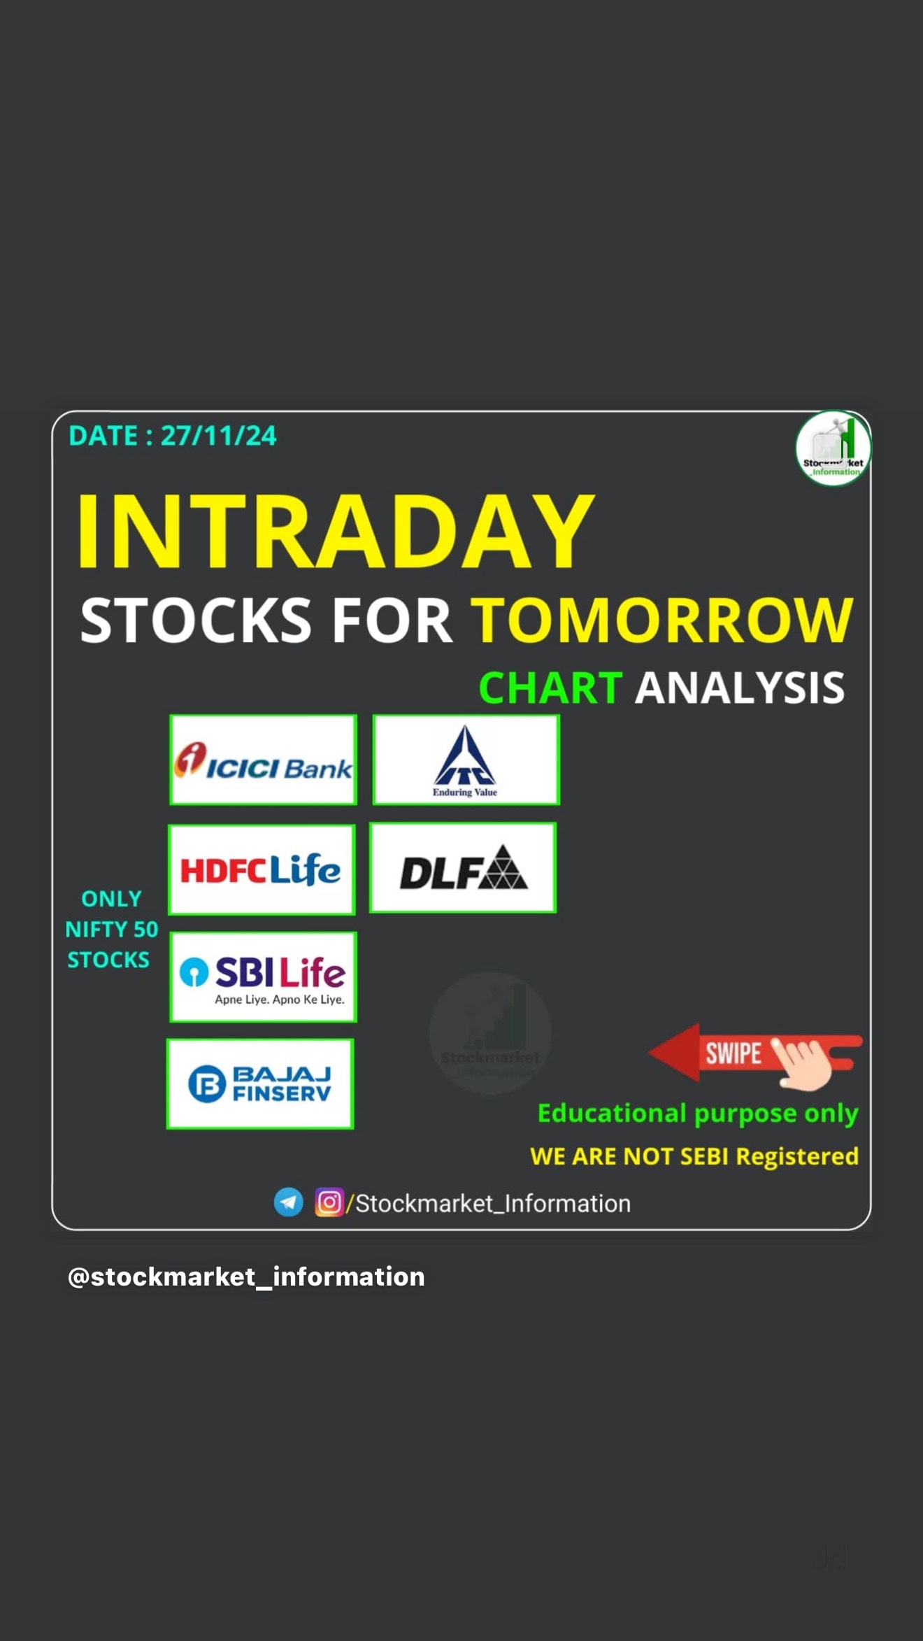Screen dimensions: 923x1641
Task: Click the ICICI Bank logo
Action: [x=263, y=760]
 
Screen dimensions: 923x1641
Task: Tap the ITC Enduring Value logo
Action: [x=466, y=760]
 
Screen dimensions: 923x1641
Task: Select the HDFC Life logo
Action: [x=262, y=869]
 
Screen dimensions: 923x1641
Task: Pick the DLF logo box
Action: [x=463, y=868]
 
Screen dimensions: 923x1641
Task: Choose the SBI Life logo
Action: [x=263, y=977]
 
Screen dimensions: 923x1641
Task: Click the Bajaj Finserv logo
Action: [x=260, y=1084]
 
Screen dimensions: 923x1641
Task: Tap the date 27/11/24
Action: [x=219, y=436]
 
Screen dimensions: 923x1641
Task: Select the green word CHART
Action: [x=550, y=688]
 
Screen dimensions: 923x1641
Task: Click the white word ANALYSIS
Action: [x=740, y=688]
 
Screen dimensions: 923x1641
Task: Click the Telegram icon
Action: [x=288, y=1202]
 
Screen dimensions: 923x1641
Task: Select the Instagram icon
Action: [x=329, y=1202]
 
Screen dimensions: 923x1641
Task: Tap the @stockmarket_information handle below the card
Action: [x=246, y=1277]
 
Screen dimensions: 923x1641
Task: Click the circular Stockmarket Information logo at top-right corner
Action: [x=833, y=448]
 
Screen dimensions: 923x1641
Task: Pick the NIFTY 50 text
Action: [x=112, y=930]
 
